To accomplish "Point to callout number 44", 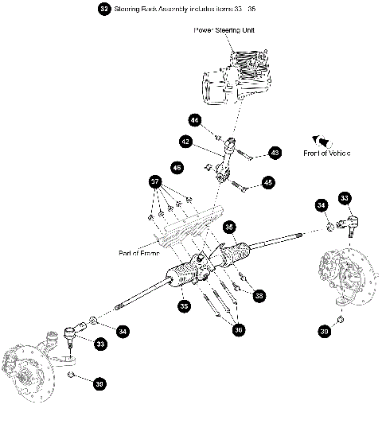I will click(x=194, y=120).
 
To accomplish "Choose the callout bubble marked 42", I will click(x=185, y=142).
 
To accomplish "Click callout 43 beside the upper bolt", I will click(x=275, y=152).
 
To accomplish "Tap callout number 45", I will click(x=267, y=182).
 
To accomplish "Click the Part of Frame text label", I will click(x=140, y=253).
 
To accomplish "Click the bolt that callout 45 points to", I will click(x=242, y=188).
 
